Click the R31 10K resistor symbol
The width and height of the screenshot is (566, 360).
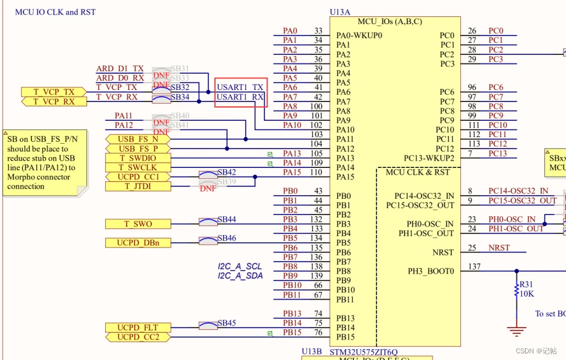516,290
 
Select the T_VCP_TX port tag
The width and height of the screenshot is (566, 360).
54,92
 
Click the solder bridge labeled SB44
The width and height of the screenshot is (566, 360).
208,222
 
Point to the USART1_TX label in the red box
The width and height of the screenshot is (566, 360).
240,88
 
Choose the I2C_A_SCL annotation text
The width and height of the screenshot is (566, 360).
240,266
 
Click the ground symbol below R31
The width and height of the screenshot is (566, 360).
516,330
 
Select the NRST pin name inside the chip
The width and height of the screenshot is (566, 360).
443,252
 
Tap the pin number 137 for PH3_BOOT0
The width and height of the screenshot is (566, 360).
474,266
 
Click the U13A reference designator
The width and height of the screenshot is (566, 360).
339,11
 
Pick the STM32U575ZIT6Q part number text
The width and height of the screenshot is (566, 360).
364,352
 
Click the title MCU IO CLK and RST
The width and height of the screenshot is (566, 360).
55,11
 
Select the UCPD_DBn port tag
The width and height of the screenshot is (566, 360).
138,243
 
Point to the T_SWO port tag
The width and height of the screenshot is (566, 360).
138,224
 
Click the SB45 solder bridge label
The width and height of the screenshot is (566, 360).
227,323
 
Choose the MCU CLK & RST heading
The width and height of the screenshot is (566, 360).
417,172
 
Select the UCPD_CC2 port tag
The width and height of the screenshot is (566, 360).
138,337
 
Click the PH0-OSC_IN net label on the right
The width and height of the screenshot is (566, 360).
512,219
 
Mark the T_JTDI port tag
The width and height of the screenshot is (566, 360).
138,187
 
